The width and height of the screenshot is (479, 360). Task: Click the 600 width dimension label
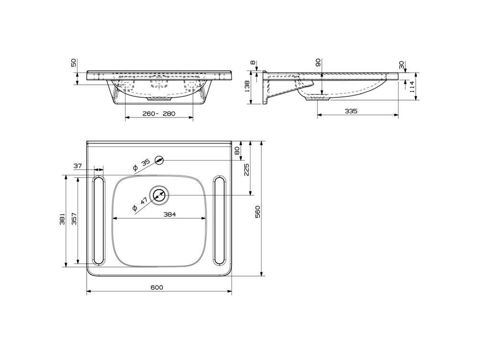(157, 287)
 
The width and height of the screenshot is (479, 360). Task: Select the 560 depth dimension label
(257, 212)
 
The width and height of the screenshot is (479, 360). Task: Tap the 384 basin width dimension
(170, 215)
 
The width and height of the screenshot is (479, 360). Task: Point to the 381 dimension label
(62, 219)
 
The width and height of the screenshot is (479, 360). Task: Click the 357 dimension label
(74, 219)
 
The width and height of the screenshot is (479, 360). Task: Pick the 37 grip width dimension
(78, 166)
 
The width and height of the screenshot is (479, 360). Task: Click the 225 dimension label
(247, 170)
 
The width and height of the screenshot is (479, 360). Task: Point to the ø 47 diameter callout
(140, 204)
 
